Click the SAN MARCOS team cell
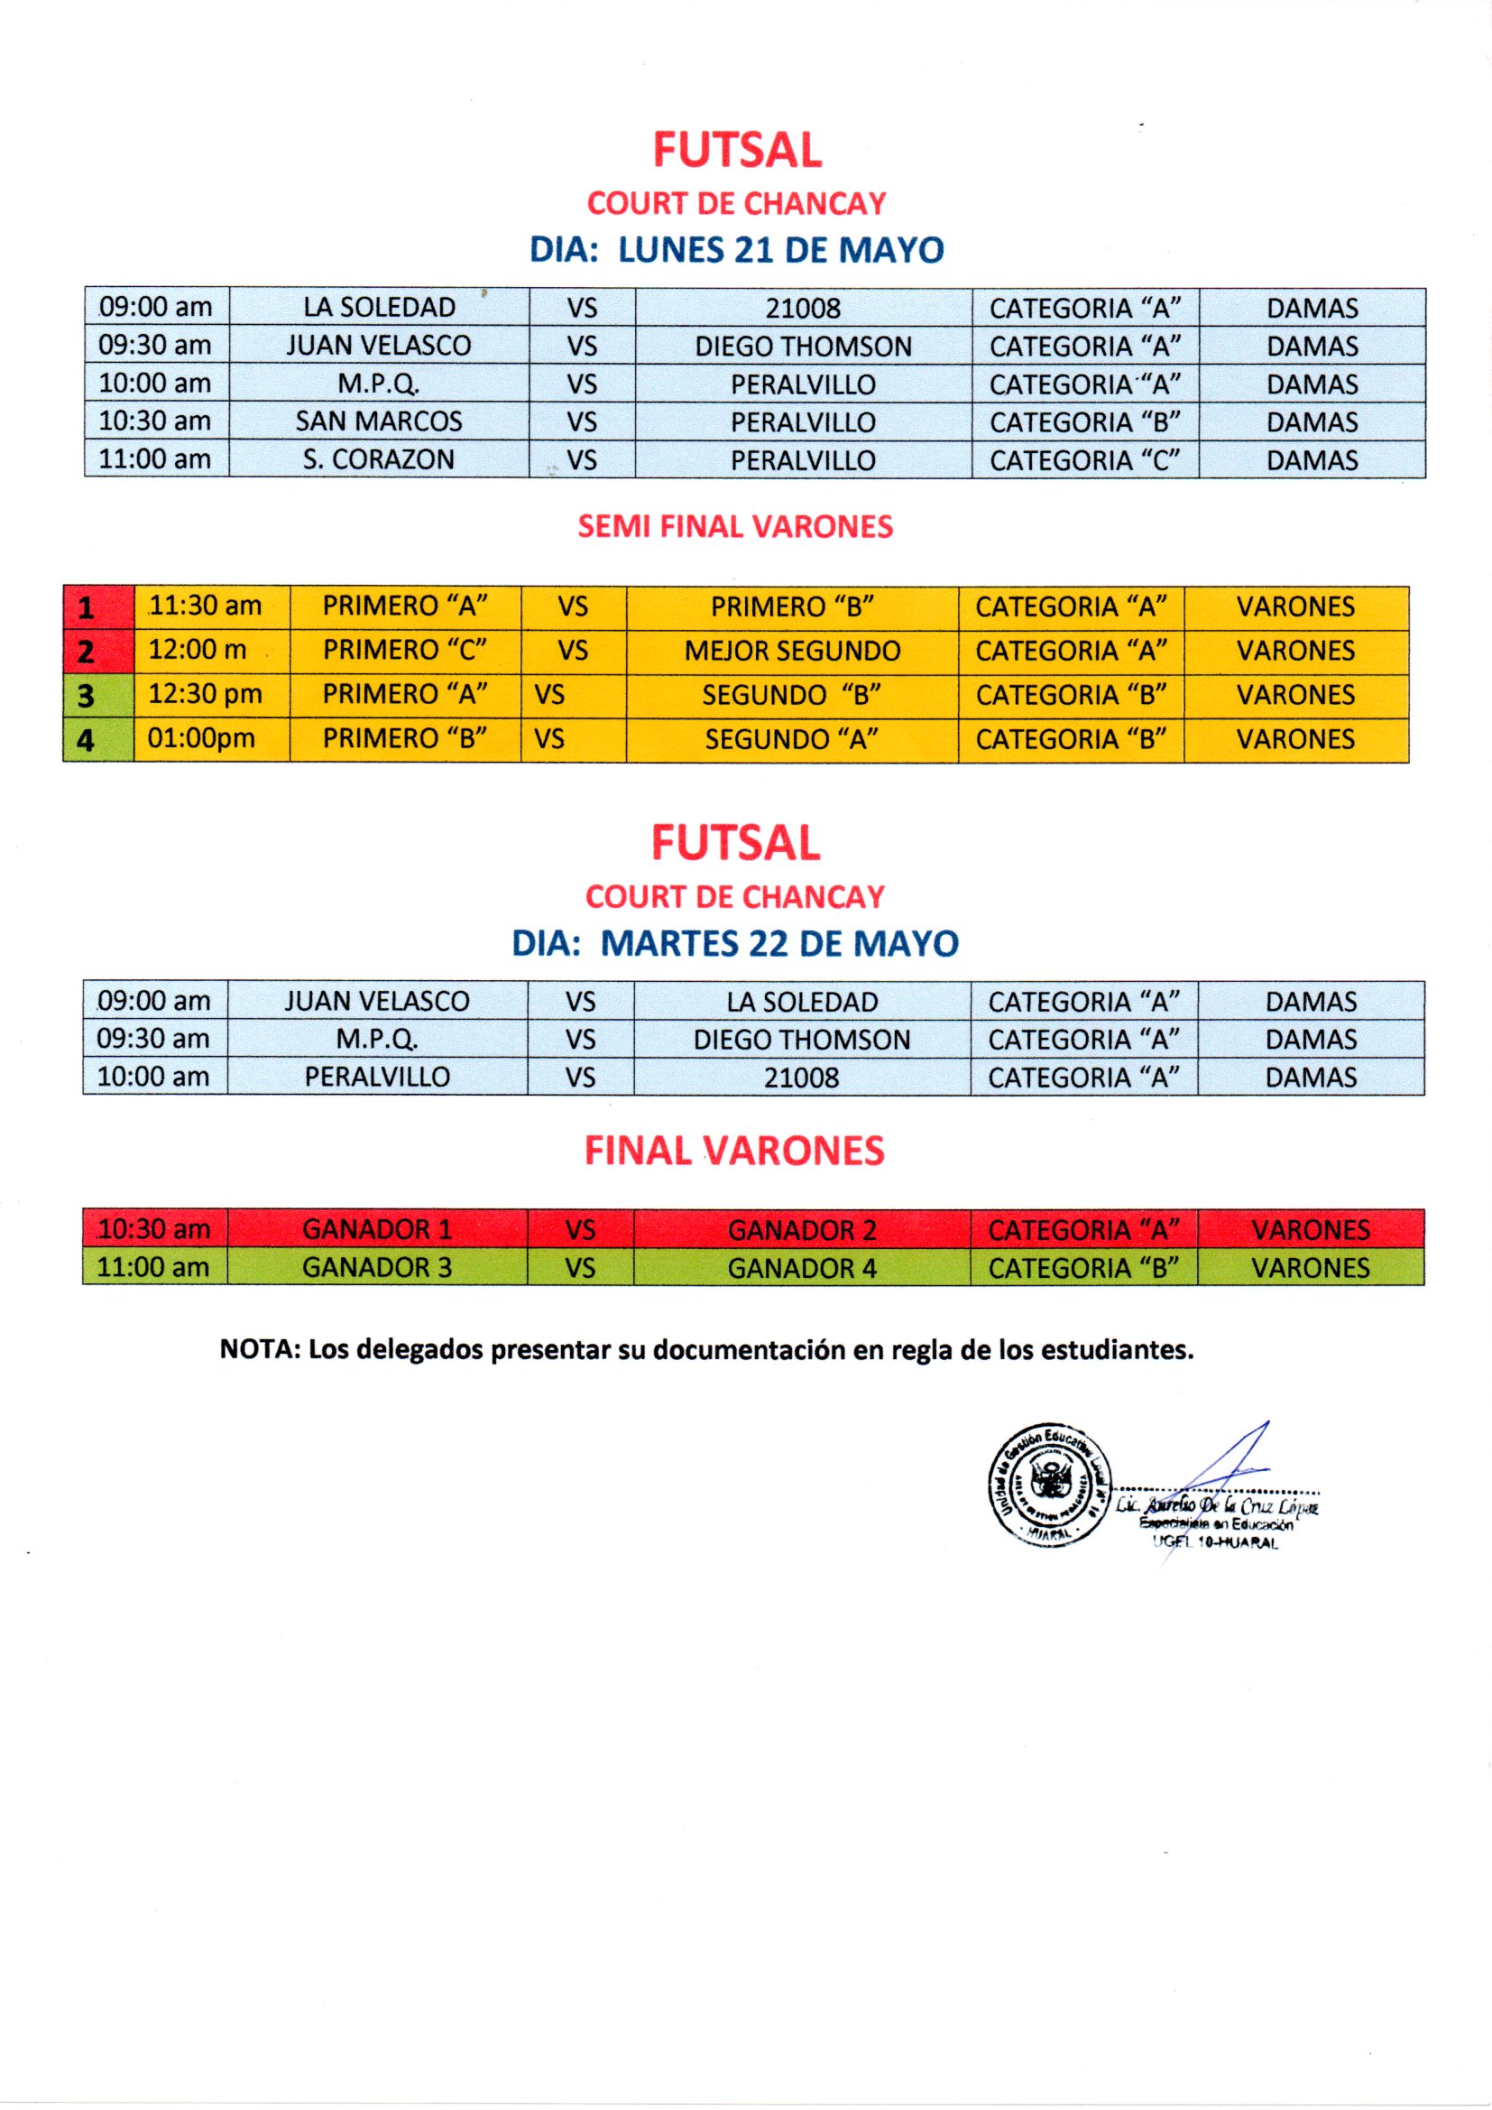tap(379, 421)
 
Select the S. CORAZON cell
tap(379, 459)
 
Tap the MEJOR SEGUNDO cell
tap(792, 651)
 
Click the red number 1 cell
tap(87, 607)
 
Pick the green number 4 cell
tap(87, 740)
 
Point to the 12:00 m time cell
tap(198, 650)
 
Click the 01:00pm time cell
tap(201, 738)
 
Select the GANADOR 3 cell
tap(377, 1267)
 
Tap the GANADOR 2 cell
tap(801, 1229)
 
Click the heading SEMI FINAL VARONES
tap(735, 526)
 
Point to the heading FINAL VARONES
tap(734, 1151)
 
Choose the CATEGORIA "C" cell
tap(1084, 459)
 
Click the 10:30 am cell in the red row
tap(153, 1228)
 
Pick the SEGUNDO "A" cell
tap(792, 739)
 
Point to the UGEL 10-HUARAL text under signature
tap(1214, 1543)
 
